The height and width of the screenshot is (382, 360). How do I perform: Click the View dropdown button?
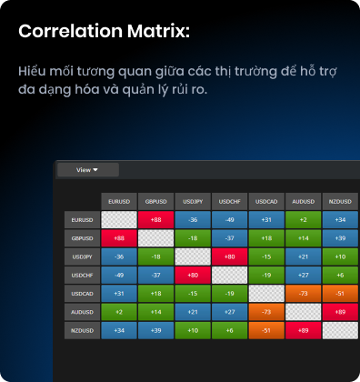[x=88, y=170]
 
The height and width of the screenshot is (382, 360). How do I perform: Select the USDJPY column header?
[x=193, y=201]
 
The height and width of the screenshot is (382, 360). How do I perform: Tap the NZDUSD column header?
[x=340, y=201]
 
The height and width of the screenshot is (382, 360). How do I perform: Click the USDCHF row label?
[x=82, y=276]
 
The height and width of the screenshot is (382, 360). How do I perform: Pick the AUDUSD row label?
[x=82, y=312]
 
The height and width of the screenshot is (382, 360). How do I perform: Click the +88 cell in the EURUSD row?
[x=155, y=220]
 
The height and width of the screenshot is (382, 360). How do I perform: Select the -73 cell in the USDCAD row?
[x=303, y=294]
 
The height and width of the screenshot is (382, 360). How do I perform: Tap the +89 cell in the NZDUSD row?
[x=303, y=330]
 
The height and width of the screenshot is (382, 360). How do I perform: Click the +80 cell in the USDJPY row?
[x=230, y=256]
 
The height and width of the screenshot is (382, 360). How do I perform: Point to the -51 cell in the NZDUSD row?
[x=266, y=330]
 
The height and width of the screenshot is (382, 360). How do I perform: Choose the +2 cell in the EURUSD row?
[x=303, y=220]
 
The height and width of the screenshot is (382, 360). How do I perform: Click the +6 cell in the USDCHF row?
[x=340, y=276]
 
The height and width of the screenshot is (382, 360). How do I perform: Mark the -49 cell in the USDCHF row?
[x=119, y=276]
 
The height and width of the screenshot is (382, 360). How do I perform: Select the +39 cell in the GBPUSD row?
[x=340, y=238]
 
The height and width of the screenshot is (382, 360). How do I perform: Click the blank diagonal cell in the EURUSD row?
[x=119, y=220]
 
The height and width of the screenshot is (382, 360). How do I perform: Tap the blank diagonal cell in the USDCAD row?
[x=266, y=294]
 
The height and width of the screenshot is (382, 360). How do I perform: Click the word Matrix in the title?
[x=158, y=31]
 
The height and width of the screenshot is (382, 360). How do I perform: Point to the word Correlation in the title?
[x=70, y=31]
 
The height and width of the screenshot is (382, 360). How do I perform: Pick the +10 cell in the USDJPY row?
[x=340, y=256]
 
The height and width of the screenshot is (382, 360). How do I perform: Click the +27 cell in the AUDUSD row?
[x=230, y=312]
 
